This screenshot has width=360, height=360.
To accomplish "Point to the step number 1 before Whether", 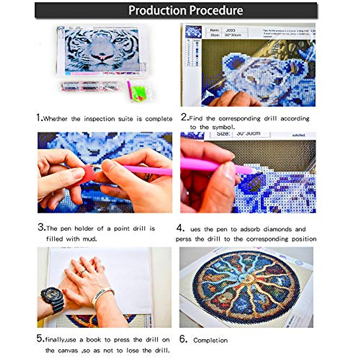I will pos(39,118).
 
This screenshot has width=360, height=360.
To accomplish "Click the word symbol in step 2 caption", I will pos(223,127).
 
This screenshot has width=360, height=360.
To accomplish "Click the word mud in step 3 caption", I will pos(90,239).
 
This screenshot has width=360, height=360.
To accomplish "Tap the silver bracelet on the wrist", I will pos(102,295).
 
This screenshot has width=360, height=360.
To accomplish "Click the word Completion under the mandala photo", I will pos(210,340).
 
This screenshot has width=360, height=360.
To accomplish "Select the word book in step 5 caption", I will pos(94,340).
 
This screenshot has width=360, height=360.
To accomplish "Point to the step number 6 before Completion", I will pos(183,339).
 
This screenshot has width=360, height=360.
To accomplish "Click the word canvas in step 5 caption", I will pos(68,350).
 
